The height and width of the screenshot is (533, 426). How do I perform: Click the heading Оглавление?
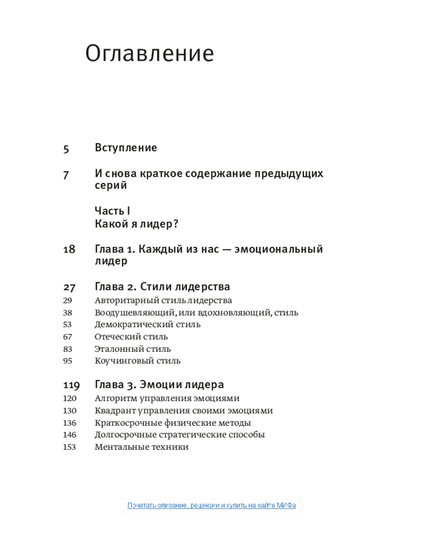pyautogui.click(x=150, y=54)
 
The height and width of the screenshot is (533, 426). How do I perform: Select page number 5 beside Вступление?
pyautogui.click(x=66, y=149)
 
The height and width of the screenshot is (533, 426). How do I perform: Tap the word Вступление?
pyautogui.click(x=126, y=148)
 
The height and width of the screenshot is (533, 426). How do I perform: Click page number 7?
pyautogui.click(x=66, y=175)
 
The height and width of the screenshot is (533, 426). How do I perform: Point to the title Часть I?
pyautogui.click(x=112, y=211)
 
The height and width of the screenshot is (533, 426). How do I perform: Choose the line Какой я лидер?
pyautogui.click(x=136, y=224)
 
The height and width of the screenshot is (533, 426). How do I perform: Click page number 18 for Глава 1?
pyautogui.click(x=69, y=249)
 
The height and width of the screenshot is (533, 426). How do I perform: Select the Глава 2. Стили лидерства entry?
pyautogui.click(x=162, y=287)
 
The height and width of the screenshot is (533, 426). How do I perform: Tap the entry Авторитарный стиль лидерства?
pyautogui.click(x=163, y=301)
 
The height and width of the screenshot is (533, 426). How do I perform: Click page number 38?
pyautogui.click(x=67, y=313)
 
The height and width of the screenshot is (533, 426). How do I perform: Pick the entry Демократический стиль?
pyautogui.click(x=148, y=325)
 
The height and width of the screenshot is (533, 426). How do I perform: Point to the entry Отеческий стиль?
pyautogui.click(x=131, y=337)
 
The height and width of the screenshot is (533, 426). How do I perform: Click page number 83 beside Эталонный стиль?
pyautogui.click(x=67, y=349)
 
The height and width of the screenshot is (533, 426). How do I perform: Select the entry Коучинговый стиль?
pyautogui.click(x=137, y=361)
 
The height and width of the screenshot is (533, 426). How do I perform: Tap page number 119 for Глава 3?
pyautogui.click(x=71, y=385)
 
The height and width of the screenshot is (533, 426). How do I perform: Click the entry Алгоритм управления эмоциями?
pyautogui.click(x=167, y=398)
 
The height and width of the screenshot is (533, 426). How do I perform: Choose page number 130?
pyautogui.click(x=69, y=411)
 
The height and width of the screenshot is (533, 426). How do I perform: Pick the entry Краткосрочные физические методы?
pyautogui.click(x=173, y=423)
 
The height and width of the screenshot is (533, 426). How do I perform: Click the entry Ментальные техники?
pyautogui.click(x=142, y=447)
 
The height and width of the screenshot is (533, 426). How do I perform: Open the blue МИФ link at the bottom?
pyautogui.click(x=211, y=505)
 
